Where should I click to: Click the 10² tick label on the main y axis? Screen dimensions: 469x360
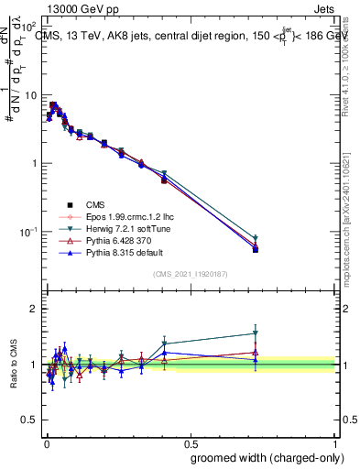[x=29, y=27]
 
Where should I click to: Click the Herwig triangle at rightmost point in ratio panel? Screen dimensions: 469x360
[x=256, y=333]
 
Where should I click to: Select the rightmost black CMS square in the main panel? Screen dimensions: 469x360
[x=256, y=249]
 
